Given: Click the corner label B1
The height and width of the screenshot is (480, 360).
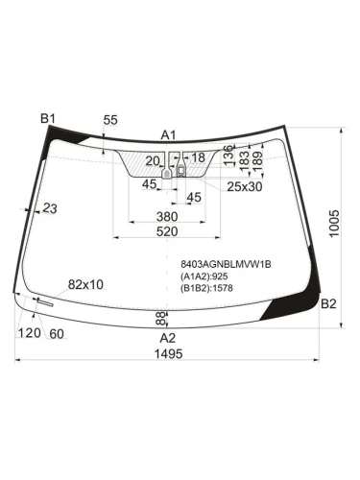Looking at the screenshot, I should (48, 118).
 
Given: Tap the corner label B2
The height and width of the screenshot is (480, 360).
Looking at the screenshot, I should (328, 304).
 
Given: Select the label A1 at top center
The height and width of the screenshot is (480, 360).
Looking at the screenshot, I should (169, 134).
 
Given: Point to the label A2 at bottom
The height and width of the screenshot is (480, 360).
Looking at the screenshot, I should (168, 338).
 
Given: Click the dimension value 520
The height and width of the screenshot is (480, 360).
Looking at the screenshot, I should (167, 233).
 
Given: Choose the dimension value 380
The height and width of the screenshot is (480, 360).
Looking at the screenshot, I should (167, 217).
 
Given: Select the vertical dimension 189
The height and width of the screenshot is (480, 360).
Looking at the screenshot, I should (257, 157).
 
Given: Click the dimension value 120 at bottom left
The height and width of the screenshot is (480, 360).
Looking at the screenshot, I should (29, 332).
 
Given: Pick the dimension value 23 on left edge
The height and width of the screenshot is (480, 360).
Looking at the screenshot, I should (49, 208).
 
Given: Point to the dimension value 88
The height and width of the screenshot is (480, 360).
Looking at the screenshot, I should (160, 319).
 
